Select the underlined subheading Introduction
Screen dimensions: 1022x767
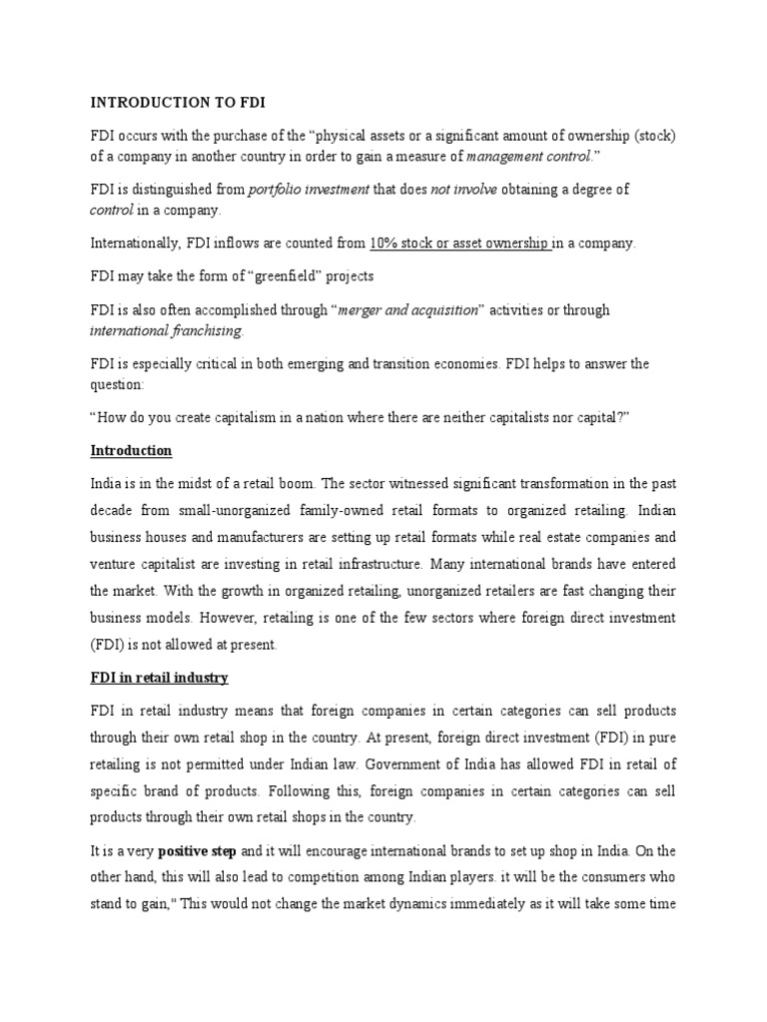(x=131, y=450)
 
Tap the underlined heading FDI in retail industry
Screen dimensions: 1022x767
(x=159, y=678)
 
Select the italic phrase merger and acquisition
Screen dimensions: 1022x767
(x=408, y=310)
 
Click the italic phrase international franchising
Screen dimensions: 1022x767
(x=166, y=331)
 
